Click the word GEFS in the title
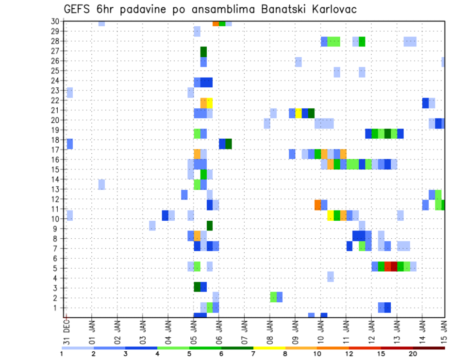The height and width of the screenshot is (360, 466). (78, 9)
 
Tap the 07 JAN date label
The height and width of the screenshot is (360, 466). (244, 331)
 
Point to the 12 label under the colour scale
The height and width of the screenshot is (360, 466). (349, 354)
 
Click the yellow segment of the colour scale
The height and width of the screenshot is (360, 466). (269, 348)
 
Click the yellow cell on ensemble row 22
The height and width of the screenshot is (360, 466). (210, 103)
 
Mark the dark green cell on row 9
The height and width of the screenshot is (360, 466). (210, 226)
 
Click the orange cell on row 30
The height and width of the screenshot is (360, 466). (216, 23)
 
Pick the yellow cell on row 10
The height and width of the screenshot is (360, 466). (331, 215)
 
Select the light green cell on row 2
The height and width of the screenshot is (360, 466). (273, 297)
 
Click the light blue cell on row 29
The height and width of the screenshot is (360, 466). (197, 32)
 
